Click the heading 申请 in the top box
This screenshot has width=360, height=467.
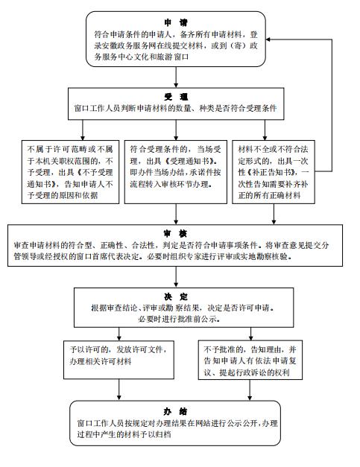(x=176, y=23)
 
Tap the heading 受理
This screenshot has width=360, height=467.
(x=176, y=97)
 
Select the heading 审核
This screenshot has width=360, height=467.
(x=176, y=234)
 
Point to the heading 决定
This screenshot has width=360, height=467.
(x=176, y=296)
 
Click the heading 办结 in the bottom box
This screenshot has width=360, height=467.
(x=176, y=411)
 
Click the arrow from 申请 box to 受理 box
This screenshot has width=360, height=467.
(x=176, y=77)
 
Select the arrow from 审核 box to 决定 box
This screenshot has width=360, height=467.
(x=176, y=276)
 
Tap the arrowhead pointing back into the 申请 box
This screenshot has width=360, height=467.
(x=268, y=39)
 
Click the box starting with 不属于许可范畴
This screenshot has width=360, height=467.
(x=70, y=172)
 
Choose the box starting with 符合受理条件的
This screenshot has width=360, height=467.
(x=176, y=172)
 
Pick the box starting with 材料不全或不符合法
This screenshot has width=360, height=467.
(x=274, y=172)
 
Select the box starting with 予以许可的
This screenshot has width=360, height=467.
(x=119, y=360)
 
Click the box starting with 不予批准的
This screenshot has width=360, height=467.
(x=250, y=360)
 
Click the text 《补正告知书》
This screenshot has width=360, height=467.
(x=272, y=173)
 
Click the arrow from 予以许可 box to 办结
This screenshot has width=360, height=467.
(x=119, y=390)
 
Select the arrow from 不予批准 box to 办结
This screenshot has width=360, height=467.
(x=250, y=390)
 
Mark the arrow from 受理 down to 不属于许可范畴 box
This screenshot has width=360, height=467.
(x=83, y=130)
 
